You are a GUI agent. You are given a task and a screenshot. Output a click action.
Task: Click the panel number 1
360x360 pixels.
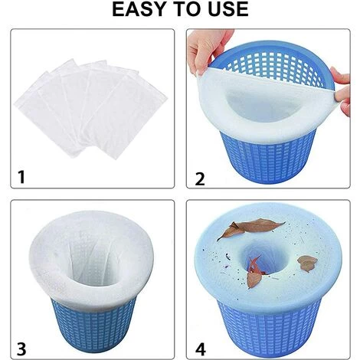[x=21, y=177]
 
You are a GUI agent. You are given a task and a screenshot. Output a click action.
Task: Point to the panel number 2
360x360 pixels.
[x=200, y=178]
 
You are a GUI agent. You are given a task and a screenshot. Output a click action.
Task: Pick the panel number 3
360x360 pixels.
[x=21, y=349]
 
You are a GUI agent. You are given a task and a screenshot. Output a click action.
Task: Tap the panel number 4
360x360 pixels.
[x=201, y=349]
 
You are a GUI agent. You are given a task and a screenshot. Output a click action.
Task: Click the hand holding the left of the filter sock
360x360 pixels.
[x=208, y=50]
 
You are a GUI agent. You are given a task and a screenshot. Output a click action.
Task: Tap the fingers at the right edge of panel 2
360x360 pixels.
[x=342, y=91]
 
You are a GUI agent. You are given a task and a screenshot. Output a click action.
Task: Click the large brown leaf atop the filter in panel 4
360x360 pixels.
[x=251, y=227]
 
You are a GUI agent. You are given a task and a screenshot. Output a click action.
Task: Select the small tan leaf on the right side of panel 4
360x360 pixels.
[x=307, y=263]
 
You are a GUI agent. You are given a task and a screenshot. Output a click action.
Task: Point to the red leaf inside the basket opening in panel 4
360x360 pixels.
[x=254, y=266]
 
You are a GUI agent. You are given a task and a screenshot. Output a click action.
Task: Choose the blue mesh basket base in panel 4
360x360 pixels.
[x=269, y=328]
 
